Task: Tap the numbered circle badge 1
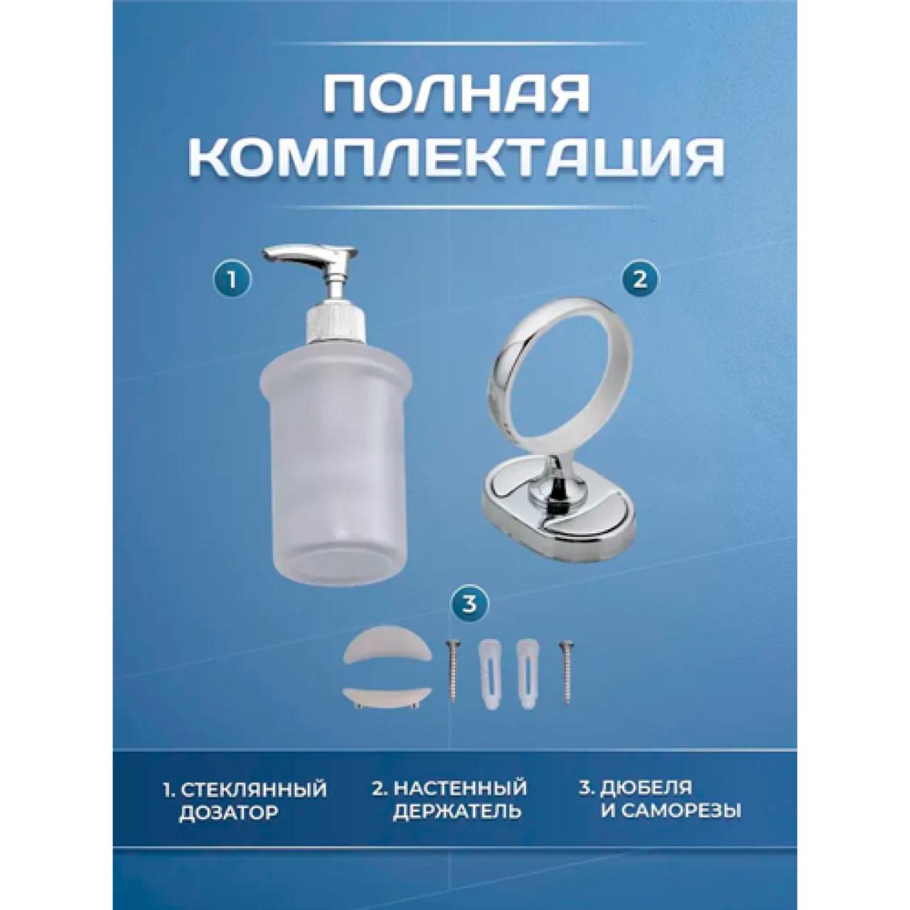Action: [231, 281]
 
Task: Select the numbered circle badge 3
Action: [469, 606]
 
